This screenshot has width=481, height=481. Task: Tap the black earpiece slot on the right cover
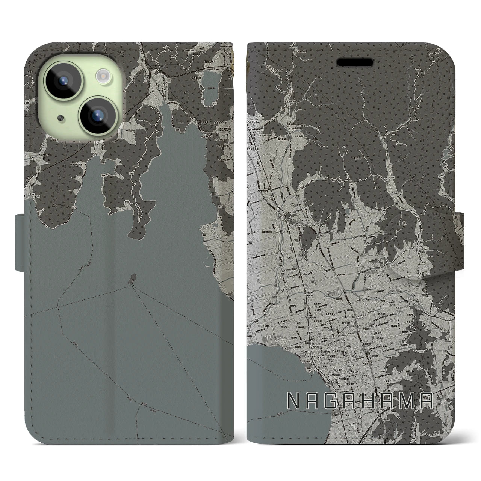tap(354, 62)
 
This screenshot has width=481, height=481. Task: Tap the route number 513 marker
tap(103, 176)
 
